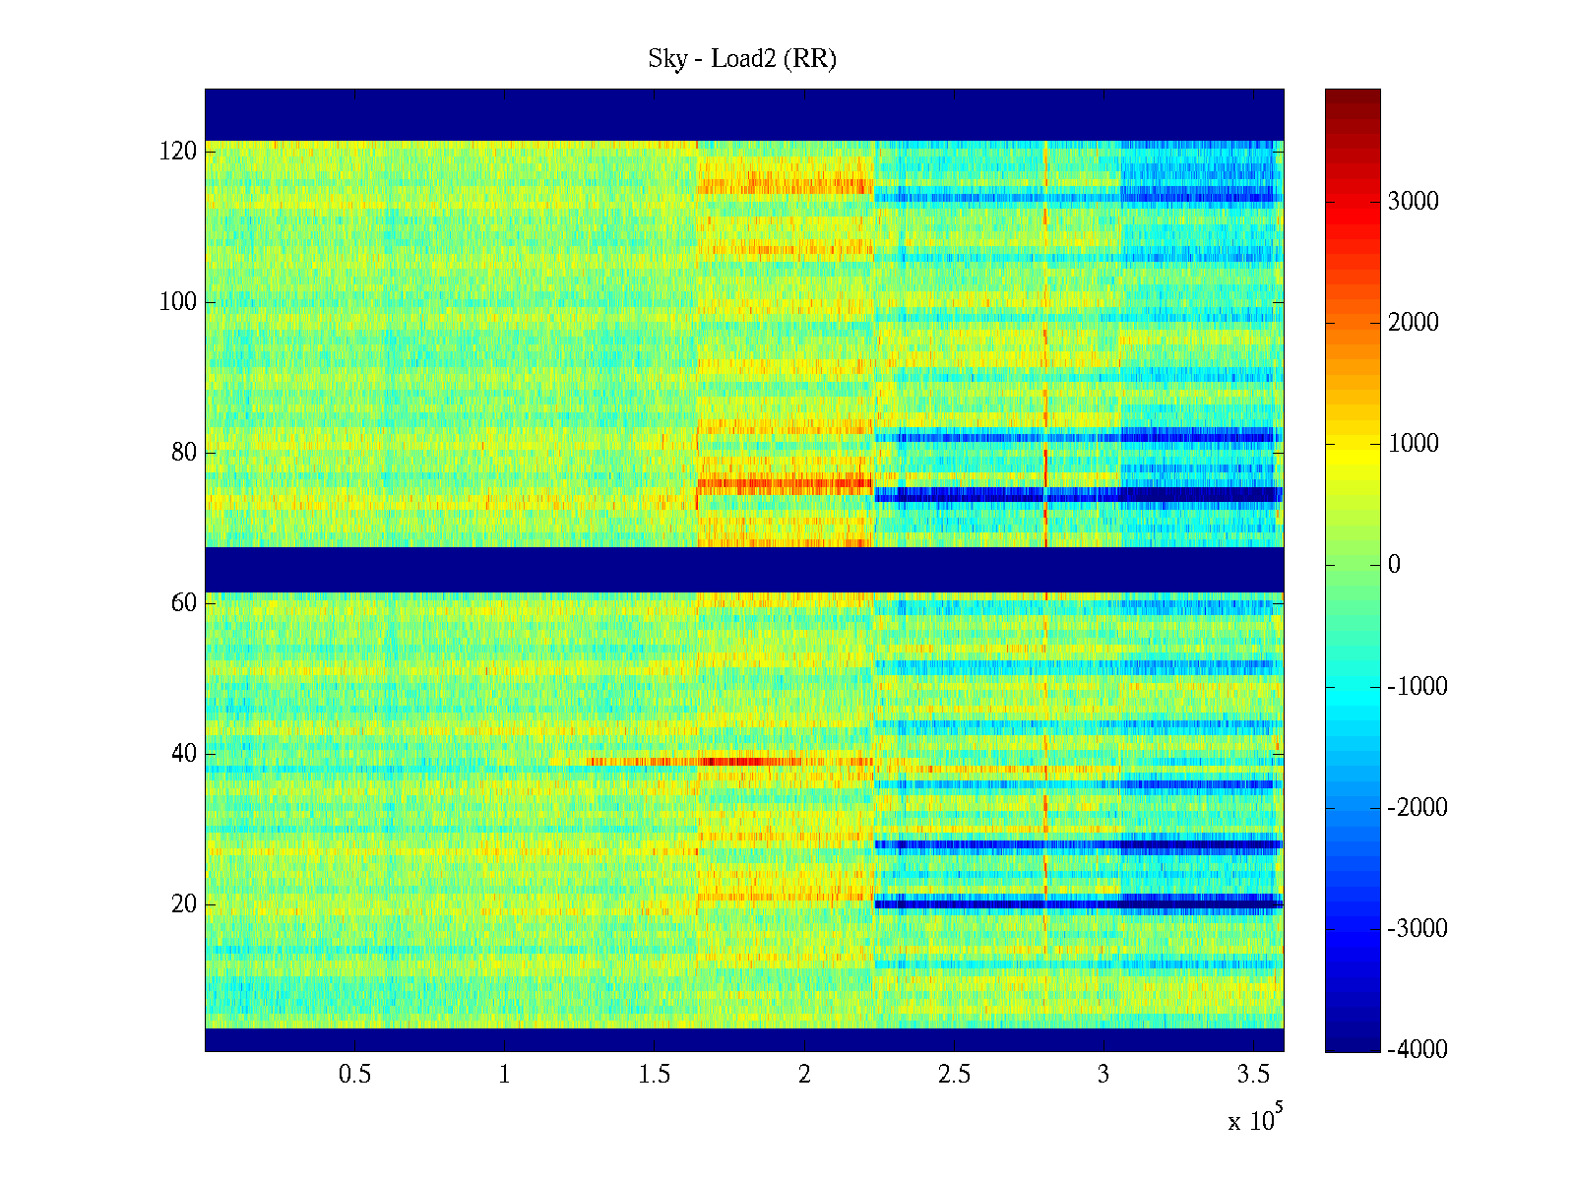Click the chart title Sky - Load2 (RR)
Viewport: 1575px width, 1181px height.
[x=742, y=59]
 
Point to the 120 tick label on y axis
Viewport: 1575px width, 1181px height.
[x=178, y=152]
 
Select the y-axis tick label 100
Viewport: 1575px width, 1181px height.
[x=178, y=302]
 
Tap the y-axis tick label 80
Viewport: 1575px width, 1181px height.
[x=184, y=453]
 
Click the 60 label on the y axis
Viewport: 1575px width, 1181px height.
[x=184, y=603]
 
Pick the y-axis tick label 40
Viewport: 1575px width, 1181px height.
[x=184, y=754]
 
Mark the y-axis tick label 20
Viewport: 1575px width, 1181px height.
[x=184, y=904]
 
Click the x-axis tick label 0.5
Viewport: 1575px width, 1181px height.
[x=354, y=1075]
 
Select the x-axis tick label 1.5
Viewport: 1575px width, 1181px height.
[x=654, y=1075]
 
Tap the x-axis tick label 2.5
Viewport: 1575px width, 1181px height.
[x=954, y=1075]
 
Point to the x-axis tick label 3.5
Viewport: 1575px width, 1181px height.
[x=1253, y=1075]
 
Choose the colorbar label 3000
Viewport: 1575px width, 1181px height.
[x=1413, y=202]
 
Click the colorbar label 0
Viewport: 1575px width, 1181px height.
[x=1394, y=565]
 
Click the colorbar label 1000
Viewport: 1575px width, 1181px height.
[x=1413, y=444]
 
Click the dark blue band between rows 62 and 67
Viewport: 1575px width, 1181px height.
[x=744, y=569]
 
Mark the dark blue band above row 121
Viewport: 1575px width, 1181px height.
[x=744, y=114]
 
